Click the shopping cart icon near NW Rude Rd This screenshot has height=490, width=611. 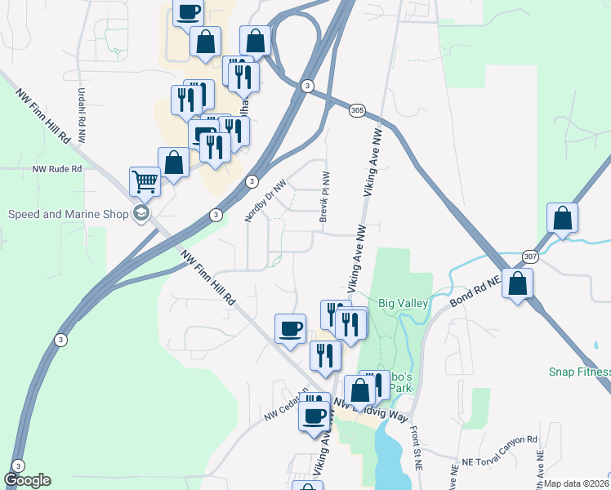coord(145,181)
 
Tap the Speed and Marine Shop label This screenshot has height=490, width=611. coord(69,215)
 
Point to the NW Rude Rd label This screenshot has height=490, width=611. coord(57,169)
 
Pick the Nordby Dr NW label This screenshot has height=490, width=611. coord(265,201)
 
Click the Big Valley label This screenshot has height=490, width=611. coord(403,303)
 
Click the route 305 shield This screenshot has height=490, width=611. coord(357,110)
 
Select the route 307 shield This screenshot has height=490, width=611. coord(530,256)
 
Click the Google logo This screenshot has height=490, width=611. coord(27,480)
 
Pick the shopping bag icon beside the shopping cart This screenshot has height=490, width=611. coord(173,162)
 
